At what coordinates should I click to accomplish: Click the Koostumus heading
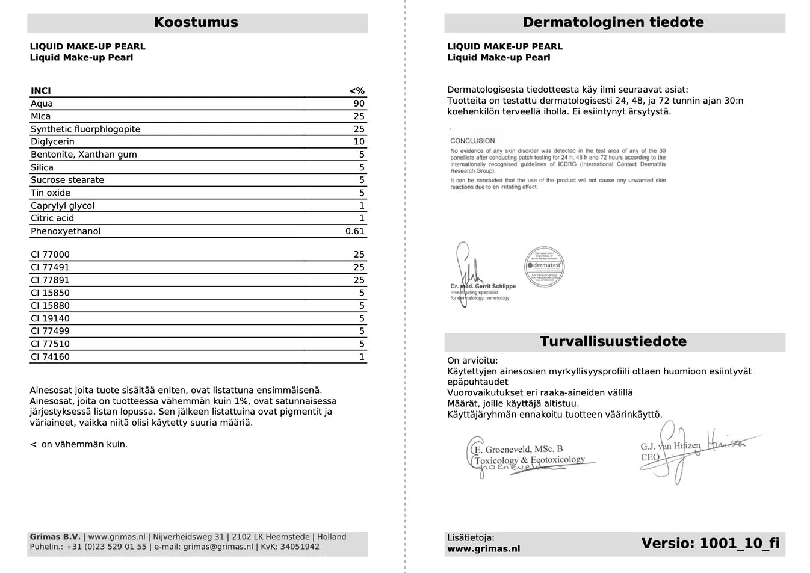196,23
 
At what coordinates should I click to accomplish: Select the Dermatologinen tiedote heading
613,23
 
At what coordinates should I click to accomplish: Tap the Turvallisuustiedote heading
613,342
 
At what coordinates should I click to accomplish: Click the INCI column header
41,91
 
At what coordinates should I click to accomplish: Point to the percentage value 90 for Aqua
359,104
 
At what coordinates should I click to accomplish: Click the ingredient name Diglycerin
53,142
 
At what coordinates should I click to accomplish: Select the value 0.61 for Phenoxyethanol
355,231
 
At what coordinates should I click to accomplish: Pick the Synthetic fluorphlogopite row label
85,129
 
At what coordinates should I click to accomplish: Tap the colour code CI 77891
50,280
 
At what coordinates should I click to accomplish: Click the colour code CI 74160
50,357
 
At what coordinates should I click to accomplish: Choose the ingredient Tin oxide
51,193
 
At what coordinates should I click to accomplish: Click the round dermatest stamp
545,265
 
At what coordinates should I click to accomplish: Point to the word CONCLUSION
472,141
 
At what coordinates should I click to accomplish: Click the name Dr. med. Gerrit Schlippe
483,286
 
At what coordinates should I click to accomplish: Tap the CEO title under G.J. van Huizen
650,457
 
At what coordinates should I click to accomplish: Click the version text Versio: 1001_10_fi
710,544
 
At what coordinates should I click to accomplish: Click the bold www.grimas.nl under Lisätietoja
483,549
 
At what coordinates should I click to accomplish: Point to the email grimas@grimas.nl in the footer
218,547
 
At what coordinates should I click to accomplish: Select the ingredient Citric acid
52,218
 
